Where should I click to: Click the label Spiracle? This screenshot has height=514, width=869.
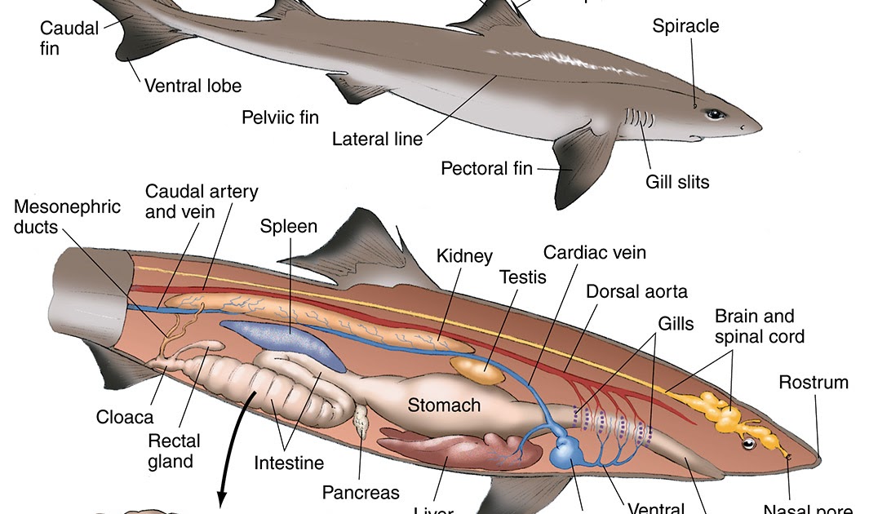pos(685,26)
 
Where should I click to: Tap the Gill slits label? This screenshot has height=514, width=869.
pos(677,181)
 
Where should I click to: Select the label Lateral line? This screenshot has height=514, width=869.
pos(377,140)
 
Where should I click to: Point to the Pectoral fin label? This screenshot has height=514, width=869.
pos(486,169)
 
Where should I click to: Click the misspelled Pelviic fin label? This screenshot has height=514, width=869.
pos(280,117)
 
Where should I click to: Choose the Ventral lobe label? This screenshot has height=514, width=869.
pos(193,85)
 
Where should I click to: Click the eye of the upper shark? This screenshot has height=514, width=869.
pos(715,114)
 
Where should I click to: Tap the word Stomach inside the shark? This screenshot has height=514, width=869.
pos(444,405)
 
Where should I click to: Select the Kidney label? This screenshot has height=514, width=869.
pos(464,256)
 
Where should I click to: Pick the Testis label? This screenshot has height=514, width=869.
pos(522,277)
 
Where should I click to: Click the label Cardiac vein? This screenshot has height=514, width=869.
pos(594,252)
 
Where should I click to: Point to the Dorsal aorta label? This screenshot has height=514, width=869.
pos(636,291)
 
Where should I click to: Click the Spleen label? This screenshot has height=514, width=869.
pos(288,226)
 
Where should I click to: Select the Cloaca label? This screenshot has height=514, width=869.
pos(124,417)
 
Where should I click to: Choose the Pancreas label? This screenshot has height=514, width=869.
pos(361,492)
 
